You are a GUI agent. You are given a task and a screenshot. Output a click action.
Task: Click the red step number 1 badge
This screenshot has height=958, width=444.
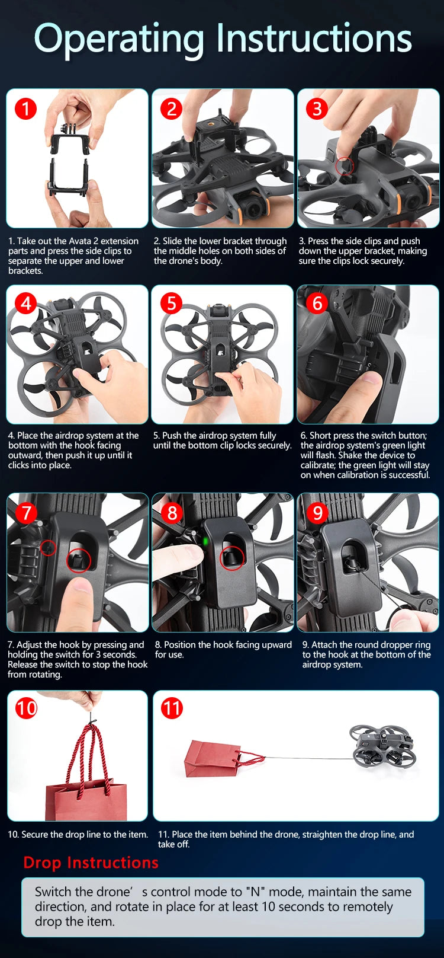25,108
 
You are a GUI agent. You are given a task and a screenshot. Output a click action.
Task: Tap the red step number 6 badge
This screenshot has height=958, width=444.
317,303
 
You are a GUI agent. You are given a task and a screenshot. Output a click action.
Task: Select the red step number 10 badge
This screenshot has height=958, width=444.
26,708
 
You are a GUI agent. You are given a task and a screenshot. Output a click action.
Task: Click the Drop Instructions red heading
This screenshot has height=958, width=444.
91,862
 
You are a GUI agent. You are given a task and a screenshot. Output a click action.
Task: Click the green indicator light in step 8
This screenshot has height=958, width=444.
205,541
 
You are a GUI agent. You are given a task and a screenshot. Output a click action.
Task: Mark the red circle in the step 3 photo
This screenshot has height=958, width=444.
345,166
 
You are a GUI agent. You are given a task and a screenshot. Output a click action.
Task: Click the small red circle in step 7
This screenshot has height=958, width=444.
49,548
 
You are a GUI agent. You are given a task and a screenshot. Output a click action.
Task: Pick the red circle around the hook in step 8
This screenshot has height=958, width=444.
231,558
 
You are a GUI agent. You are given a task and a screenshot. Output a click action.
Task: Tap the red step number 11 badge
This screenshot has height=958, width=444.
172,708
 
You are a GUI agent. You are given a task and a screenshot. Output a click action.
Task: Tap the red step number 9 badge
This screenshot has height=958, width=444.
317,512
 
